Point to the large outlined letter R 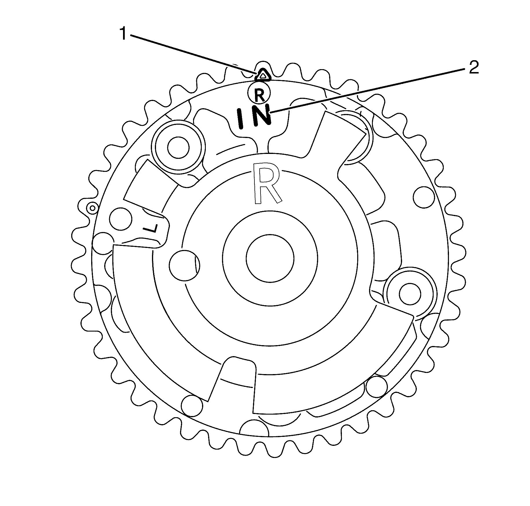click(x=266, y=183)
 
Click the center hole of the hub click(x=270, y=258)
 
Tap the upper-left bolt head click(x=178, y=147)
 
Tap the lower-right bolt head click(x=410, y=294)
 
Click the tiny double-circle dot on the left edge click(x=92, y=208)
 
